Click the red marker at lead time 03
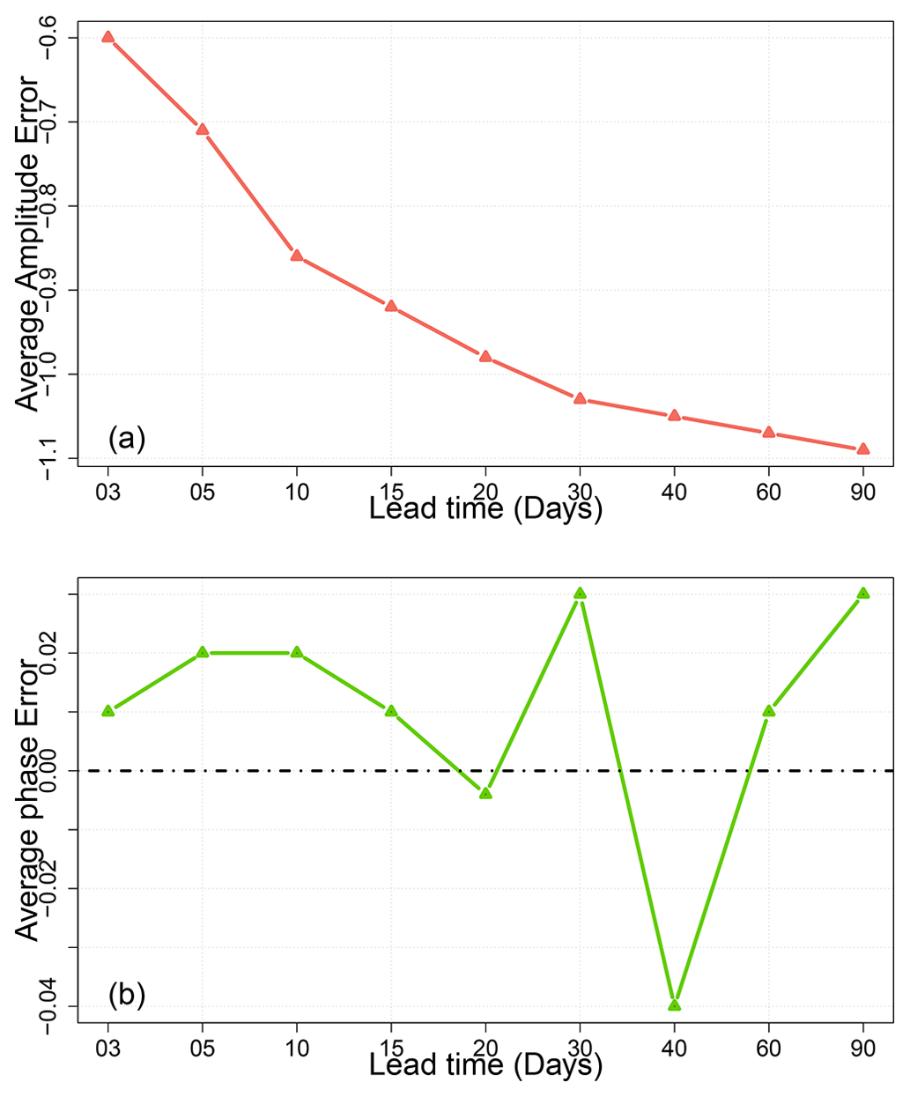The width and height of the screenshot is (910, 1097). tap(108, 37)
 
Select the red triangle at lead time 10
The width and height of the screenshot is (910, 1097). tap(297, 256)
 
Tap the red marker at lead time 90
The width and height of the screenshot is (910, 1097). tap(863, 449)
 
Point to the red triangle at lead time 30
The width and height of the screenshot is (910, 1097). tap(580, 398)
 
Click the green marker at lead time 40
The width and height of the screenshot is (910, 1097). tap(675, 1004)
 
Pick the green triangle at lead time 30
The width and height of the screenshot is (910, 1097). tap(580, 593)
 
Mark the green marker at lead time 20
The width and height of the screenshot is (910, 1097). tap(485, 793)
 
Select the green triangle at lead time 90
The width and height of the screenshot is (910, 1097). tap(863, 593)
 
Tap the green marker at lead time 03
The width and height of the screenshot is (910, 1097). tap(108, 710)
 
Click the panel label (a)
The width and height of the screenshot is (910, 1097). tap(126, 438)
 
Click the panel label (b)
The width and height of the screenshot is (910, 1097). tap(126, 995)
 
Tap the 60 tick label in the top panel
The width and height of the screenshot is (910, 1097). tap(768, 492)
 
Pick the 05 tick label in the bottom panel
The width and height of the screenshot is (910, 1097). tap(203, 1049)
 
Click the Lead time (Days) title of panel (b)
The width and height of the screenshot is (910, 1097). tap(485, 1065)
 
